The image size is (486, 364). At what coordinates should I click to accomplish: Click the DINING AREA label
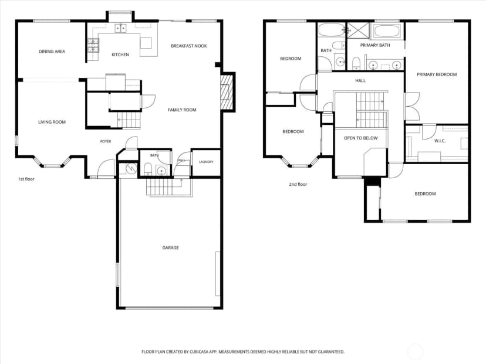point(52,52)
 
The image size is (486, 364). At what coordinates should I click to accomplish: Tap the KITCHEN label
point(120,55)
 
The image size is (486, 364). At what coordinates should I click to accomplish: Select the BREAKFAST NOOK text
point(189,46)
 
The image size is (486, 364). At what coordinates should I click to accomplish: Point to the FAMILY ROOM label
point(182,110)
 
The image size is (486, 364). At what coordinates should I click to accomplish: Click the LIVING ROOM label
point(52,122)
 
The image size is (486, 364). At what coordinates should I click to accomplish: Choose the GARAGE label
point(170,247)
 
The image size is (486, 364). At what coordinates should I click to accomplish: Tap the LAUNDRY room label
point(206,162)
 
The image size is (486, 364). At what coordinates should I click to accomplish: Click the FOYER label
point(106,141)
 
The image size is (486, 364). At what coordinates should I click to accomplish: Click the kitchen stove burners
point(93,45)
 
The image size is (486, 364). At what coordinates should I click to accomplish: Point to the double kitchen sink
point(120,28)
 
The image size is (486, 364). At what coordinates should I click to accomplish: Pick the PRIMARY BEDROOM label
point(437,74)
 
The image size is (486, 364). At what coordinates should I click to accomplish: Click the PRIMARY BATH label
point(375,45)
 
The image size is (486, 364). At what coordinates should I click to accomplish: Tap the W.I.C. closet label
point(440,141)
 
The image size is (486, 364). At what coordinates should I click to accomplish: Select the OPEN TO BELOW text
point(361,138)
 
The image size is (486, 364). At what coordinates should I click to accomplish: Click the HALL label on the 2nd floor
point(360,80)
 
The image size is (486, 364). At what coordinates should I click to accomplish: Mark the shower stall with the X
point(357,30)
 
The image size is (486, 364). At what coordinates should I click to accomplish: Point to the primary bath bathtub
point(386,31)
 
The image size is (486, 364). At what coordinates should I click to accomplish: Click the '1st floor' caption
point(26,179)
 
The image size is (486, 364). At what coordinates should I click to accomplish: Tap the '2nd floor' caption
point(298,184)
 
